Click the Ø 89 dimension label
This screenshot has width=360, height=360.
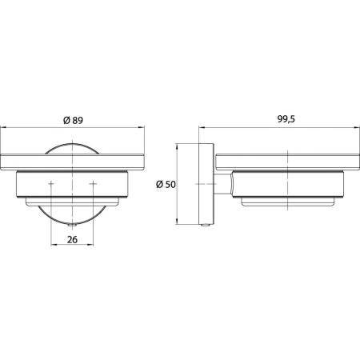73,120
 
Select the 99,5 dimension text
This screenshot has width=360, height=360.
286,119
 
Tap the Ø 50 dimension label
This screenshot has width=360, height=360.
166,184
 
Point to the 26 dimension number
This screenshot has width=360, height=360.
72,239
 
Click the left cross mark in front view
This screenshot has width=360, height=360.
51,184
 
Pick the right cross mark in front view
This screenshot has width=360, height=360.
93,184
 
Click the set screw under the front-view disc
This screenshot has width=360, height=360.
72,226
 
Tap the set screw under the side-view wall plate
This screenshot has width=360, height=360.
206,226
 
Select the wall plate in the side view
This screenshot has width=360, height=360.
206,184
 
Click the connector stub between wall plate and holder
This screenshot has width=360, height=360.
223,184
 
